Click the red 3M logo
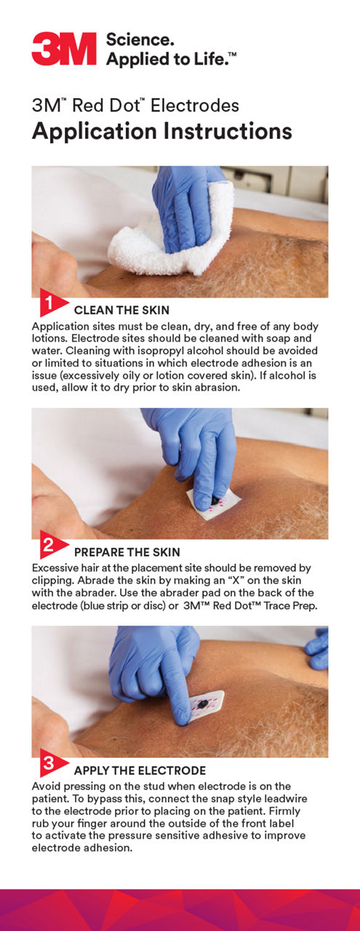point(64,49)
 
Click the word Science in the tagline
point(140,40)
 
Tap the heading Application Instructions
point(161,132)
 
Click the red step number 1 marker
point(51,302)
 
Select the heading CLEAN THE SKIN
point(121,310)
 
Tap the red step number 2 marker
point(51,544)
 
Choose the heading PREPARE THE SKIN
point(127,552)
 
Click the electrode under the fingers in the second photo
point(214,504)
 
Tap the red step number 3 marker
point(51,763)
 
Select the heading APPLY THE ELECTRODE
point(140,770)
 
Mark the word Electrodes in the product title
point(195,105)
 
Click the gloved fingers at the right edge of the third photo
point(317,649)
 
